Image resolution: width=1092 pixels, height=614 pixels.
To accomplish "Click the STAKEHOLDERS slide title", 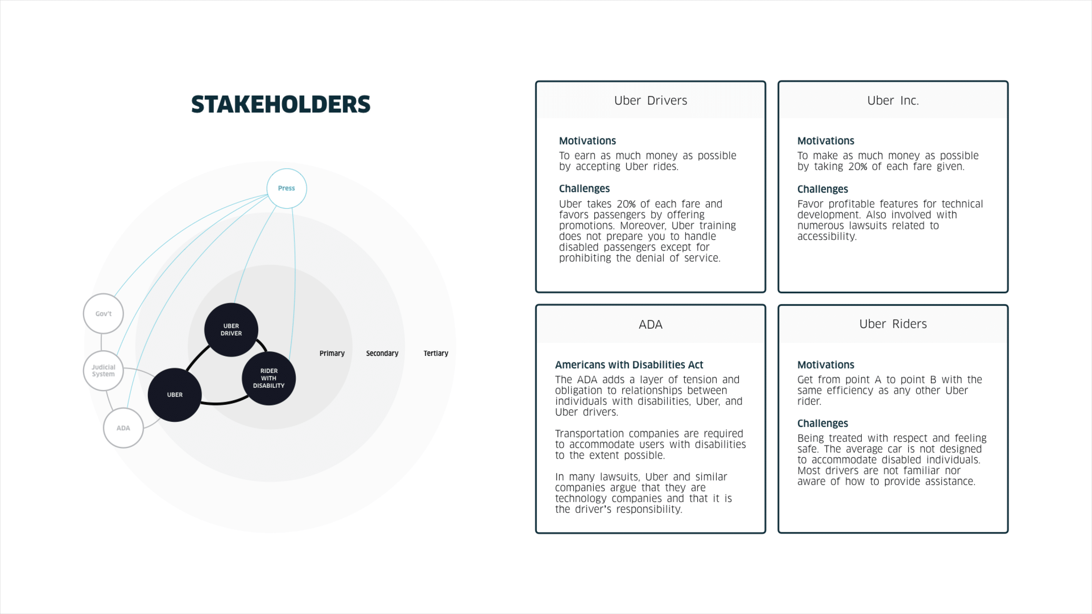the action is (281, 104).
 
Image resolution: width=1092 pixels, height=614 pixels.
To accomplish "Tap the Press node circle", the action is (287, 188).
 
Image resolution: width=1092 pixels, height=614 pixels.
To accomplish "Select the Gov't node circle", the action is (103, 313).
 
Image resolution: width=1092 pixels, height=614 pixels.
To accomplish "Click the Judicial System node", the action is (103, 370).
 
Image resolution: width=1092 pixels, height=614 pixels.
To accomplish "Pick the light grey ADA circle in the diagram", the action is (123, 428).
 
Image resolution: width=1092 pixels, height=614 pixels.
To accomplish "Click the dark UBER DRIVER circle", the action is (231, 330).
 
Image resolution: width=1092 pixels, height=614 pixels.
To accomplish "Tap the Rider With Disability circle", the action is (269, 378).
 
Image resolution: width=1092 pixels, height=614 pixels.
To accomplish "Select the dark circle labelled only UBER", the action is (175, 395).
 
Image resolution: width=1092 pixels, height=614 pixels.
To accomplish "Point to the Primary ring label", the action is (332, 353).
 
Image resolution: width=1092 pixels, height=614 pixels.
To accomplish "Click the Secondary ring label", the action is (382, 353).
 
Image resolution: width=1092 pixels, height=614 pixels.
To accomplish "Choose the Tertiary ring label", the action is (436, 353).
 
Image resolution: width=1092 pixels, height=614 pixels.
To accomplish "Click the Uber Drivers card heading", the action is (650, 100).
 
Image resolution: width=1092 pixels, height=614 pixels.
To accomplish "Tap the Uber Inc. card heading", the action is (893, 100).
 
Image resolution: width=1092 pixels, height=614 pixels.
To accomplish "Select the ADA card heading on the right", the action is (650, 324).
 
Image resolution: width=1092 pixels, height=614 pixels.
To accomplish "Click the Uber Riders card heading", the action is (893, 324).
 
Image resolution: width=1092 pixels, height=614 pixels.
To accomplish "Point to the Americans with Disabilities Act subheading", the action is (629, 365).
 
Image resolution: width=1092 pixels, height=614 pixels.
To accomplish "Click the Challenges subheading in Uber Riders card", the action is (822, 423).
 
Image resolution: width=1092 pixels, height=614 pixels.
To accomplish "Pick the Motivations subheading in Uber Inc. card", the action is (825, 141).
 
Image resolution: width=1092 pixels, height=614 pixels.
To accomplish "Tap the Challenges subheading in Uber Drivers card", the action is (584, 189).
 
